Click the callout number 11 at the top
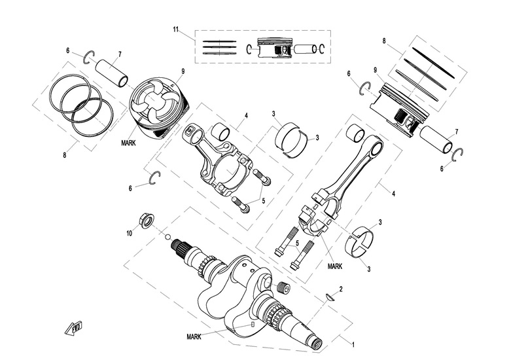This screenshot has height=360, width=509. coord(176,30)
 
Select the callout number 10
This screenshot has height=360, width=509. coord(130,232)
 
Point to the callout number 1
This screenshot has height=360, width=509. coord(354,343)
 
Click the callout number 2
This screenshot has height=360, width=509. coord(340,289)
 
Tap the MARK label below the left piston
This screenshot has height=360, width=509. coord(128,142)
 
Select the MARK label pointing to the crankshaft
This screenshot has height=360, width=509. coord(194,336)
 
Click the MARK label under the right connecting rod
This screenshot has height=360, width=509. coord(335,266)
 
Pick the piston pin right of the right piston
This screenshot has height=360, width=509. coord(438,140)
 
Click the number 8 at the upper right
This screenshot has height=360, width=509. coord(384,41)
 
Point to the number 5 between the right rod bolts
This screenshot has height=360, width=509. coord(297,243)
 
